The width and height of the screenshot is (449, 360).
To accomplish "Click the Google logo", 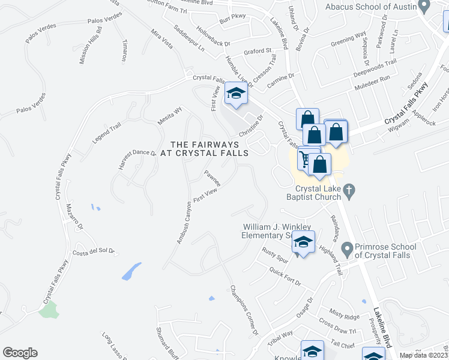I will tap(20, 353).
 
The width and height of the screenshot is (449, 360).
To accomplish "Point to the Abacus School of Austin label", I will tap(370, 7).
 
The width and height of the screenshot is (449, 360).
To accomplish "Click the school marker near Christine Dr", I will tap(236, 94).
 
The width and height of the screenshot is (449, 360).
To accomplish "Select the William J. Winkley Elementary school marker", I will tap(303, 243).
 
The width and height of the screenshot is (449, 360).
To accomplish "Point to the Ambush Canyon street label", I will tap(184, 222).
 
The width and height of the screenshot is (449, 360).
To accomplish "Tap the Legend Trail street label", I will tap(107, 133).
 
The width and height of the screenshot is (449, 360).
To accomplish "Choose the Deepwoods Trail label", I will tap(375, 62).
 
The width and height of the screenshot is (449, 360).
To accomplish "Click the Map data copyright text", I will tap(424, 355).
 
